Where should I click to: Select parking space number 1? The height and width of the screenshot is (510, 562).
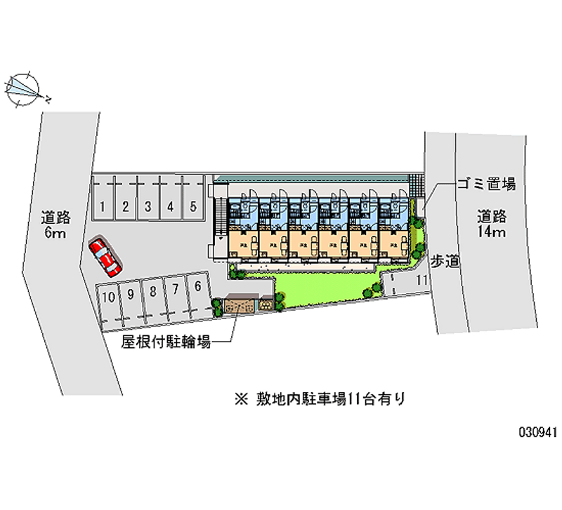103,206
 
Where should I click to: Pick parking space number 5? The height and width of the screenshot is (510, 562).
192,206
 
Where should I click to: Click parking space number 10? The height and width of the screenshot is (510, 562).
107,297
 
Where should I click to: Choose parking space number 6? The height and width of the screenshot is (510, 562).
198,286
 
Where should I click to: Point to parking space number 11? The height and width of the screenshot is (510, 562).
421,281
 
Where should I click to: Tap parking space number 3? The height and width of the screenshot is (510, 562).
148,206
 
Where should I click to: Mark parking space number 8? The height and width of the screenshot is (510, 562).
152,292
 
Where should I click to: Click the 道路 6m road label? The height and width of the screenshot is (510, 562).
53,224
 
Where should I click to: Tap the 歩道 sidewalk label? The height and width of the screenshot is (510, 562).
445,261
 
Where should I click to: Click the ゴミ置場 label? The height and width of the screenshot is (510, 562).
486,184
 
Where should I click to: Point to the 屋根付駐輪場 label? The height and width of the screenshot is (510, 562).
165,343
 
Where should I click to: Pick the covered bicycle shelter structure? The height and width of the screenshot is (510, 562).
242,304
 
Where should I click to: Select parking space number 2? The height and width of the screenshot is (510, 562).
125,206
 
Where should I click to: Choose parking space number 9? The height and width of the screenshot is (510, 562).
130,295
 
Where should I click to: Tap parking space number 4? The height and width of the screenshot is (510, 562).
171,206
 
